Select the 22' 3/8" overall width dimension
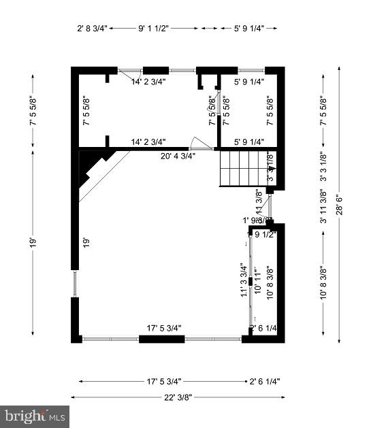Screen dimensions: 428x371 point(178,397)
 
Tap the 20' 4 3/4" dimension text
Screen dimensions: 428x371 point(178,155)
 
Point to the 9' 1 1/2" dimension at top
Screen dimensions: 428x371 point(153,28)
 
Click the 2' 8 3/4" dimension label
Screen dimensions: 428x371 point(92,28)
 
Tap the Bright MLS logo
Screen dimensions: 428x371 point(35,414)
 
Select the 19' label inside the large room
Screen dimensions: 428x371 point(86,243)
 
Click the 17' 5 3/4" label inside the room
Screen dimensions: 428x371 point(164,328)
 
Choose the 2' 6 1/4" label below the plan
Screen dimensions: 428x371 point(265,381)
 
